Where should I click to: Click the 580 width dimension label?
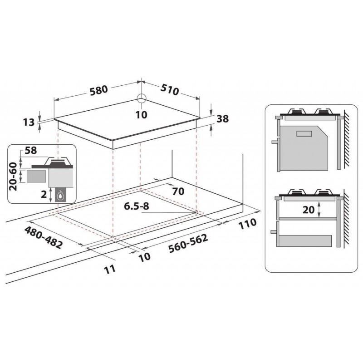[x=99, y=90]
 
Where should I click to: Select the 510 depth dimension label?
[x=170, y=90]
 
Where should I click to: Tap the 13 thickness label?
[x=29, y=123]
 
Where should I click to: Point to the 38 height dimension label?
[x=222, y=119]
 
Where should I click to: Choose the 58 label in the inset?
[x=31, y=151]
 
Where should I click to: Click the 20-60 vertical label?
[x=13, y=177]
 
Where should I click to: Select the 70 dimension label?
[x=178, y=191]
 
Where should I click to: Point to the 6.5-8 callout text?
[x=137, y=206]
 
